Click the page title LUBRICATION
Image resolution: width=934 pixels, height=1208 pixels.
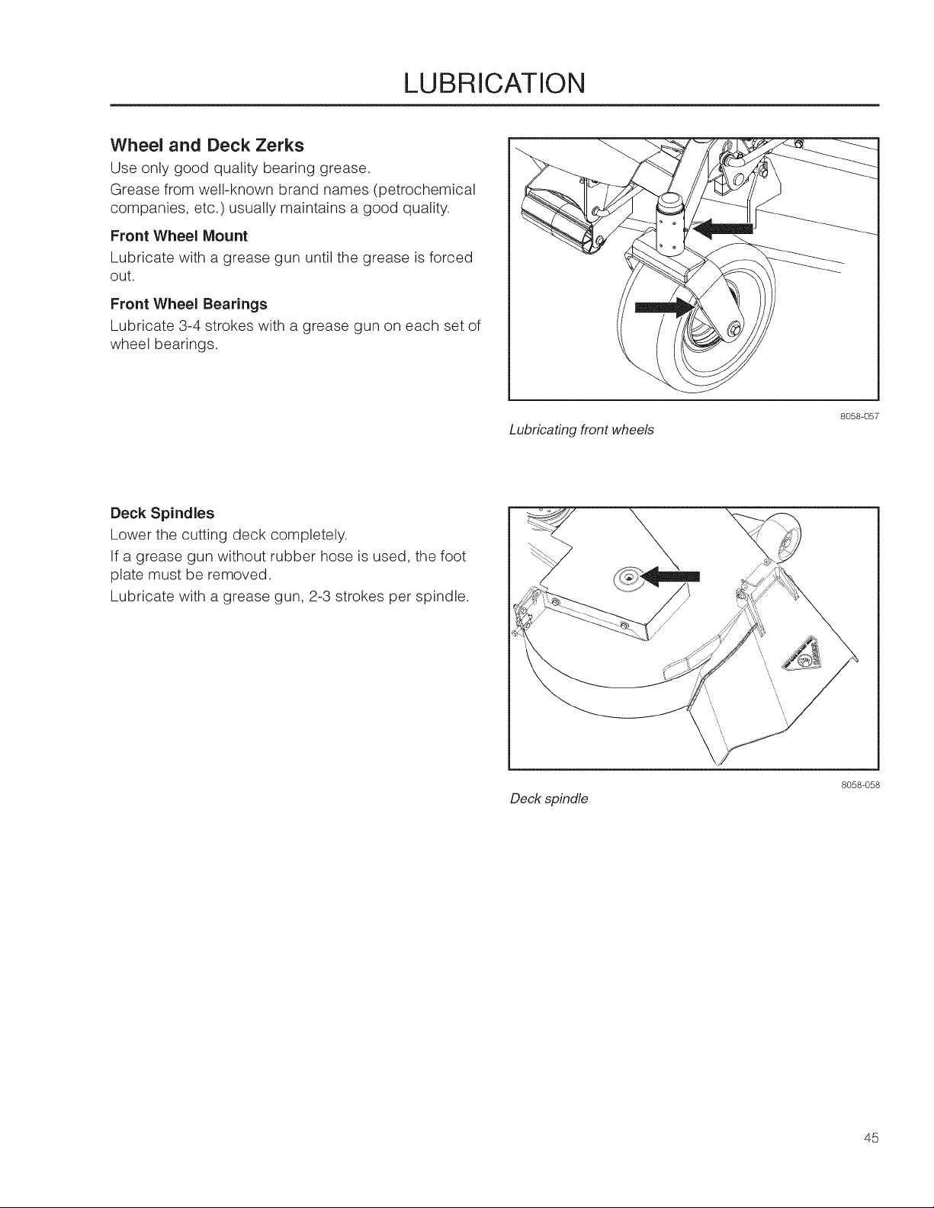494,83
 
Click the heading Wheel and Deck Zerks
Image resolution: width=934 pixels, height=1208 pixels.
207,146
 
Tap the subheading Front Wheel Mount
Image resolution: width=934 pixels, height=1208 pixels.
179,236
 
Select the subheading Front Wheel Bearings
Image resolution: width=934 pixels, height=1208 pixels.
189,304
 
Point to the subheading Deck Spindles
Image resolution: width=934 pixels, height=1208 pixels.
162,513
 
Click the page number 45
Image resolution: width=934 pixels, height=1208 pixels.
871,1138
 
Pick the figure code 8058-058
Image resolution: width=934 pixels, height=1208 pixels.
860,786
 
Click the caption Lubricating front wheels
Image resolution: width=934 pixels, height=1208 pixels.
582,430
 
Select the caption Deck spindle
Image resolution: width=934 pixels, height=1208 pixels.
549,799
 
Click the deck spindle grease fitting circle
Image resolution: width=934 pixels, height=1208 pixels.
627,578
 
